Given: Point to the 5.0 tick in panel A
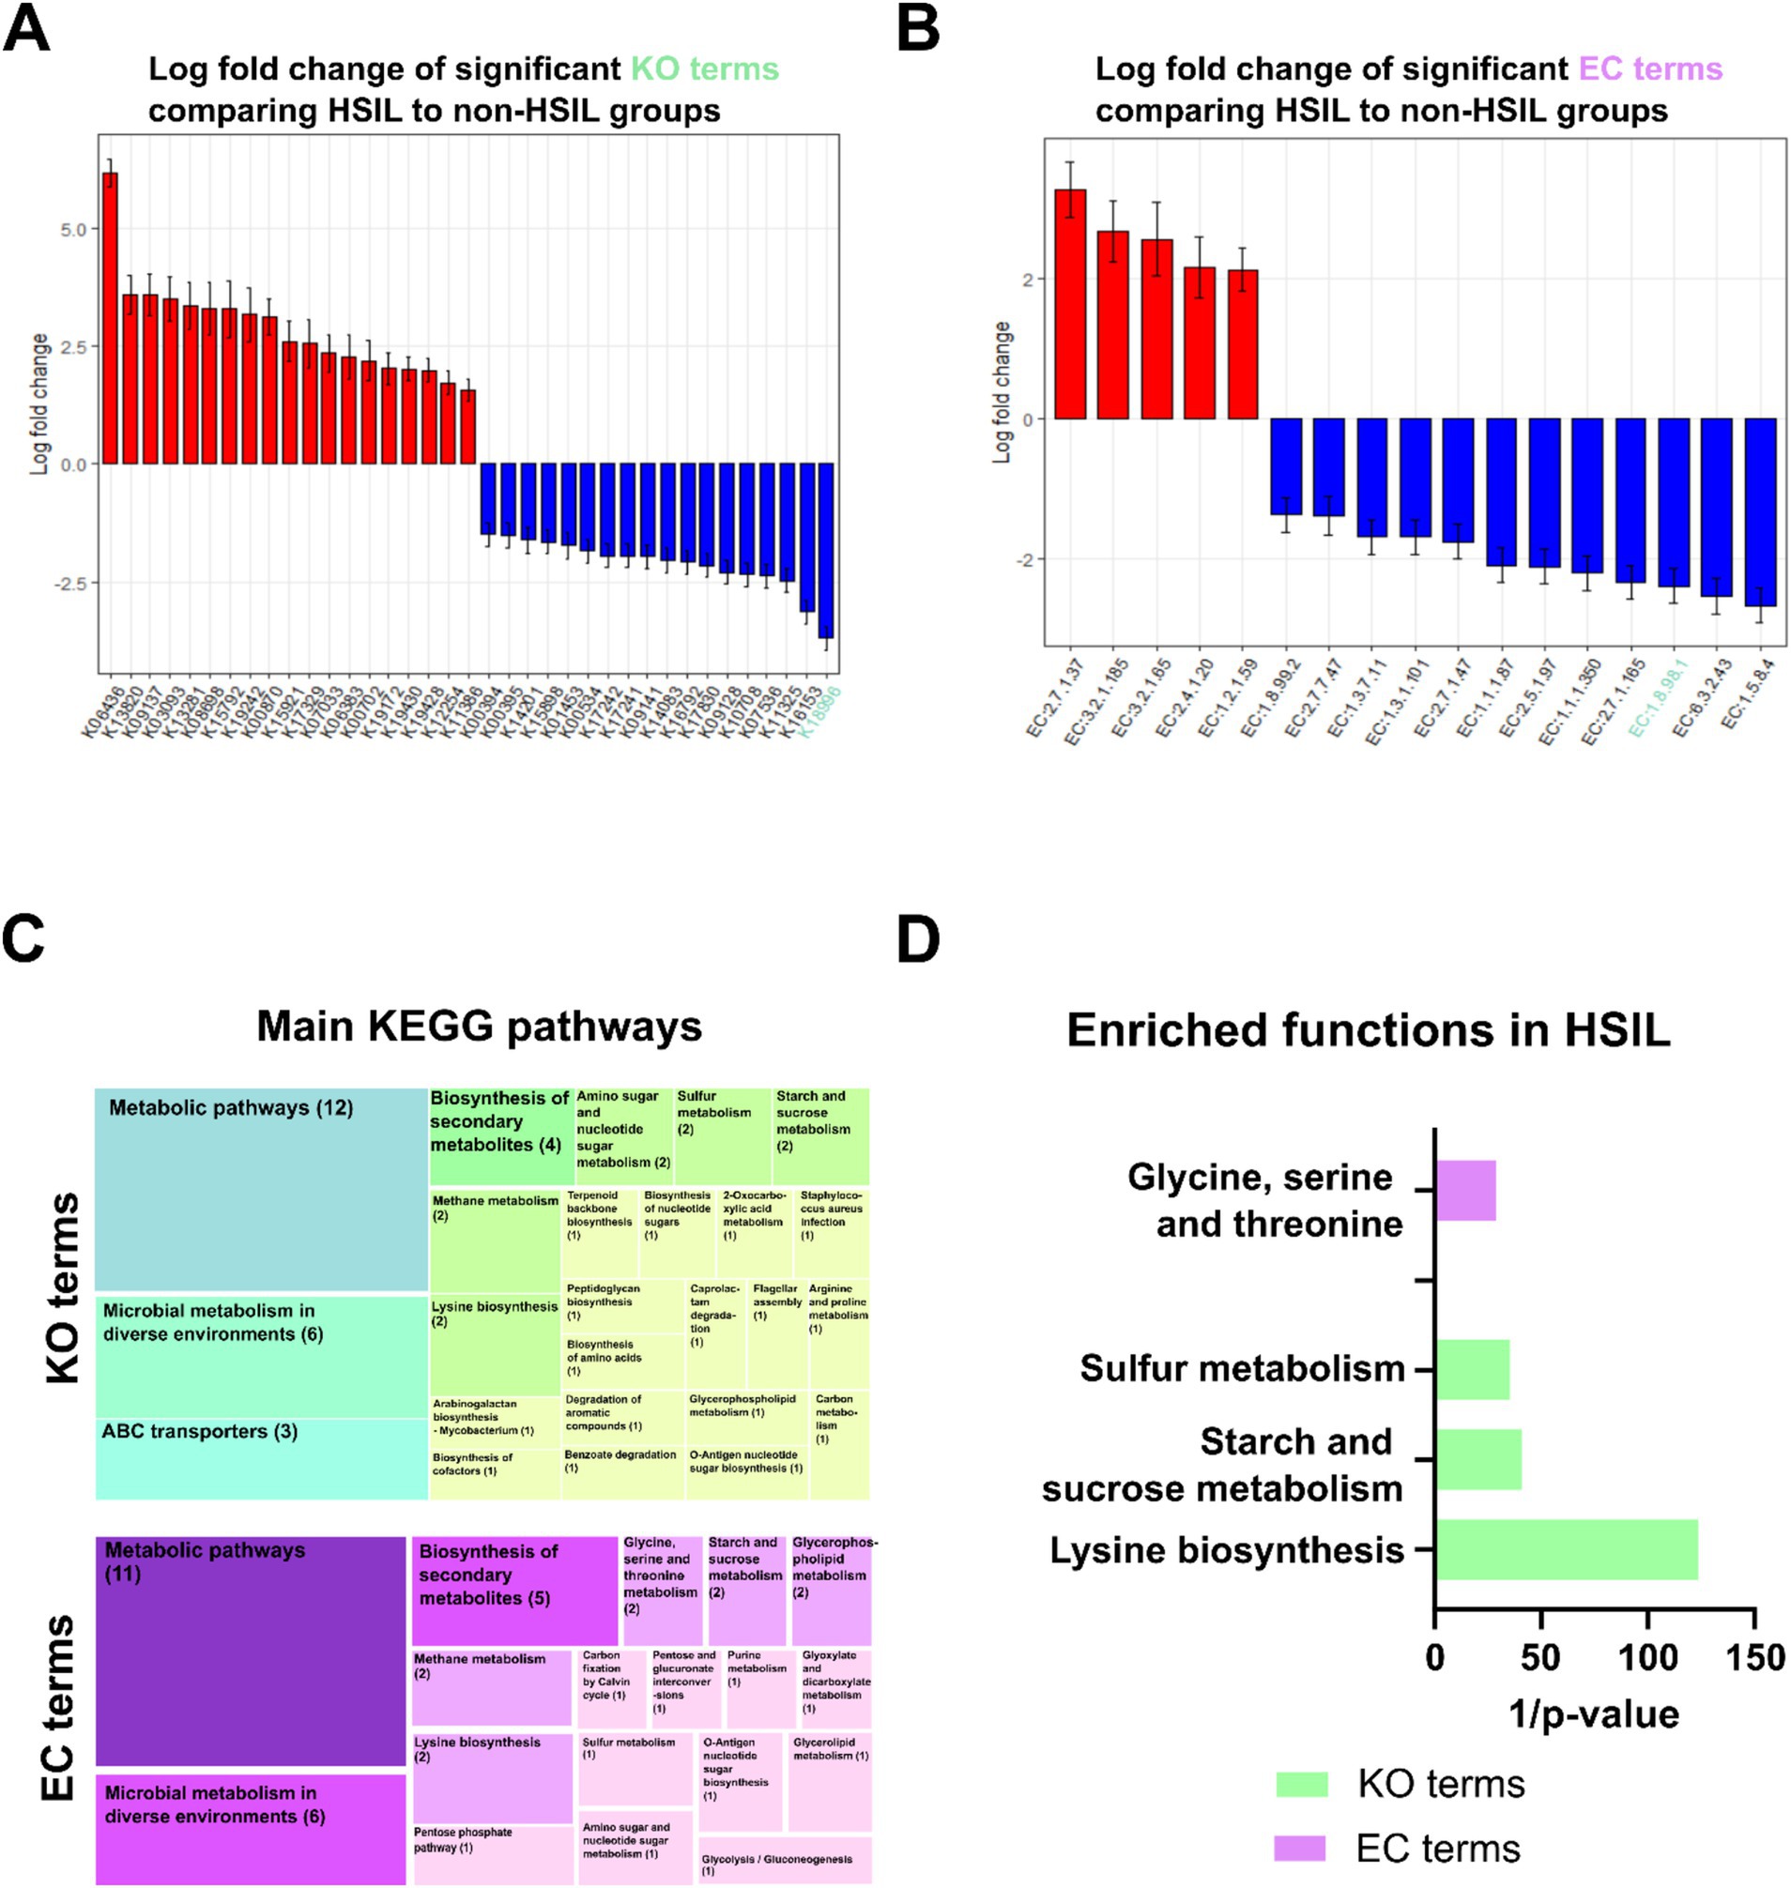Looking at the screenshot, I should (73, 229).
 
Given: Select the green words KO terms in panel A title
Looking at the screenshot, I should (704, 69).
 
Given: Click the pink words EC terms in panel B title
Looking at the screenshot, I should (1649, 69).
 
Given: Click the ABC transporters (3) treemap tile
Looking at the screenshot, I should (261, 1458).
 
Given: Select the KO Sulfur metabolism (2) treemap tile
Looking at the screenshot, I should (722, 1135).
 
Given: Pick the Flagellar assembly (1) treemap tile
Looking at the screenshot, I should (777, 1333).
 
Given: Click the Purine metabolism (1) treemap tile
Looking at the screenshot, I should (760, 1688).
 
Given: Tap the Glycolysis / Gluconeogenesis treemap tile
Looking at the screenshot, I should (784, 1859).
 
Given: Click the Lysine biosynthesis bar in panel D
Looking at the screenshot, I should (1566, 1550).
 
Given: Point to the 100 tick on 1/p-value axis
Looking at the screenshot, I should (1647, 1657).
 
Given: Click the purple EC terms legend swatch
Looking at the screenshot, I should (1299, 1848).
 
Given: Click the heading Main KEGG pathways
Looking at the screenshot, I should (479, 1026).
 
